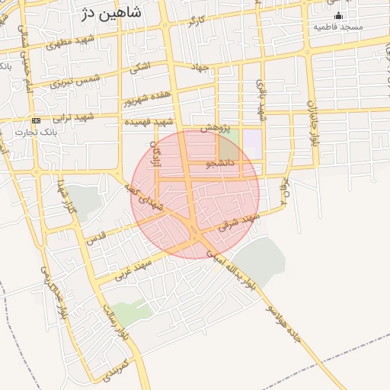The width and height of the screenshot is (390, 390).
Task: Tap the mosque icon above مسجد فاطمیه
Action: point(339,15)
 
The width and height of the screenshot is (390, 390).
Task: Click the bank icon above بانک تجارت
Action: point(36,121)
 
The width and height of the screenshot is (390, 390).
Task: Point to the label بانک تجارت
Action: point(30,132)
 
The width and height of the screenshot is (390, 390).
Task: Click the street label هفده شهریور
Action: point(145,97)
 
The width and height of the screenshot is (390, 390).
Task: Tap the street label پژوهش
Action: point(216,129)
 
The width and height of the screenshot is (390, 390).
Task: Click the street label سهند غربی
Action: point(136,269)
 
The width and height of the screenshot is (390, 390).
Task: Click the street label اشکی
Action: point(141,68)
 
